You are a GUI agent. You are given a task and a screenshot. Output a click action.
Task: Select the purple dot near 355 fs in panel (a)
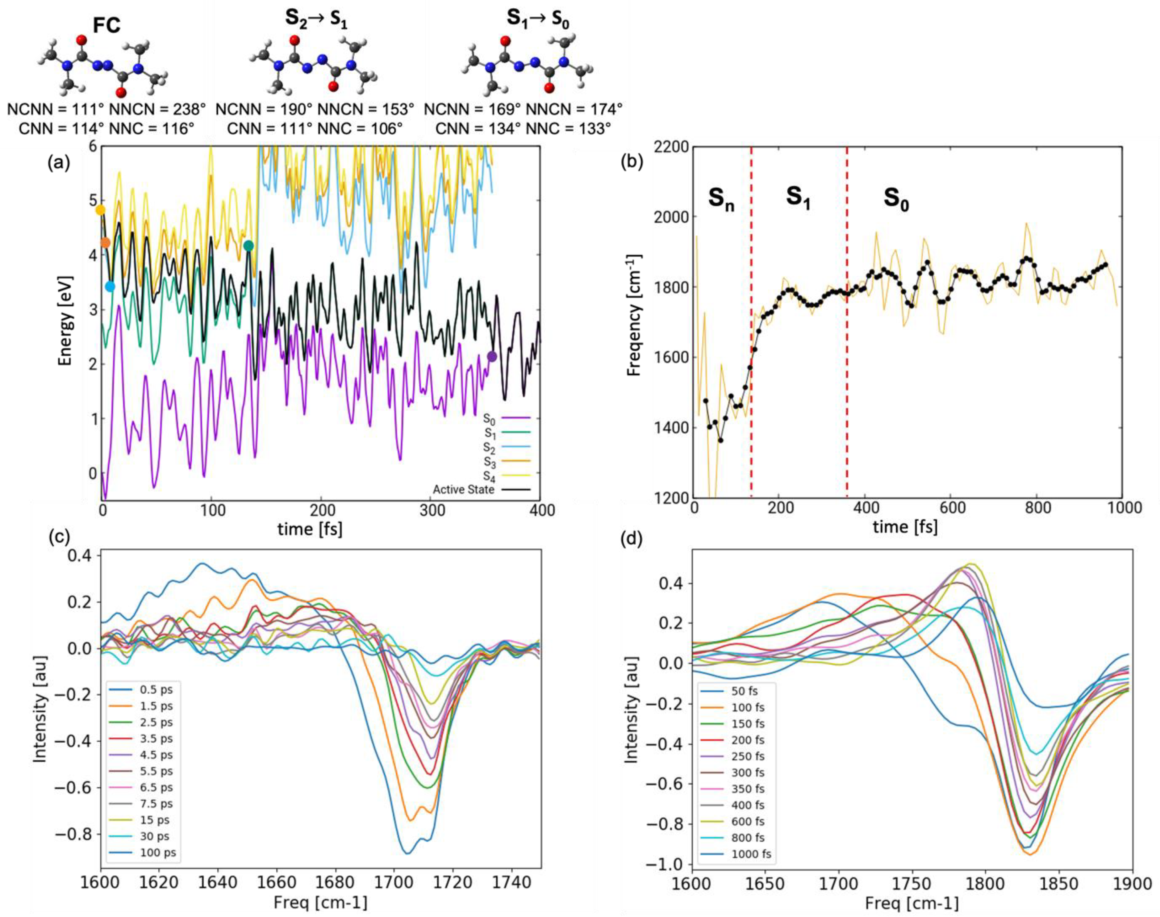[492, 357]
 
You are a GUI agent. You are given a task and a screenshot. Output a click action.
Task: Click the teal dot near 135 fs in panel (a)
[248, 246]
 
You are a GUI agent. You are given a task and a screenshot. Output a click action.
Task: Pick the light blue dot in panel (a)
[110, 287]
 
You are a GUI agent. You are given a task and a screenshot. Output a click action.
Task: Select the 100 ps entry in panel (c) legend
[158, 852]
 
